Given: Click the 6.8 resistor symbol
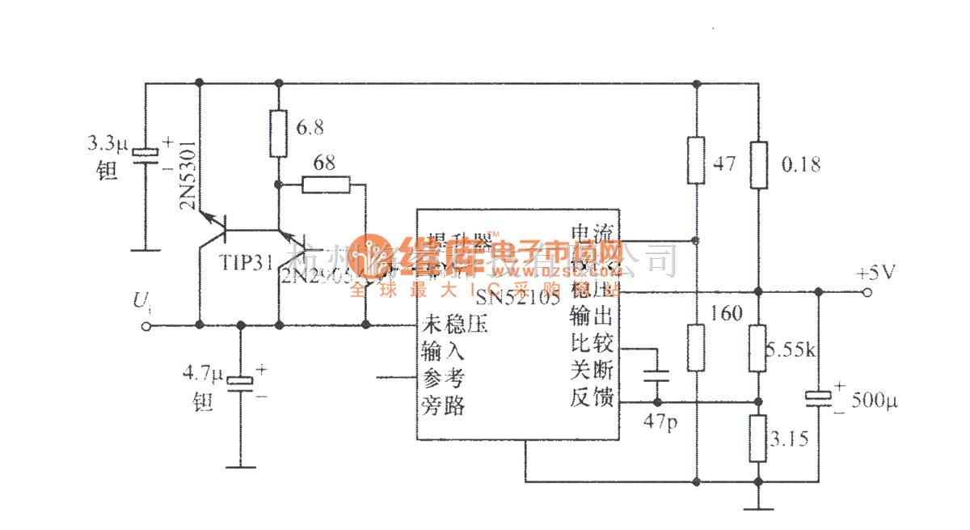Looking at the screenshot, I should click(278, 134).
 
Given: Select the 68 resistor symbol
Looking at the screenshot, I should click(327, 185).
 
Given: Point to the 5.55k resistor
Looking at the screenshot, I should click(757, 349).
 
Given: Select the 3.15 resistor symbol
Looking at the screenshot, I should click(757, 439).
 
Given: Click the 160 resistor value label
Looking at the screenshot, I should click(727, 313).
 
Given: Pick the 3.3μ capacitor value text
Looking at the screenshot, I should click(107, 146).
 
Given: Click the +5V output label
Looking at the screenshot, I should click(875, 272).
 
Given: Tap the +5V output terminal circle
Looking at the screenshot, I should click(867, 293).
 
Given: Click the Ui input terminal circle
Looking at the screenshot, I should click(146, 325).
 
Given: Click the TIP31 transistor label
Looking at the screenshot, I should click(245, 263).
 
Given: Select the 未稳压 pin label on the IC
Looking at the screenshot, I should click(454, 327).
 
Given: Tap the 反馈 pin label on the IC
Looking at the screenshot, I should click(592, 398).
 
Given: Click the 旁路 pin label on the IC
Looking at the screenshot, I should click(443, 405).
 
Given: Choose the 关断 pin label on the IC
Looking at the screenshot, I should click(592, 371).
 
